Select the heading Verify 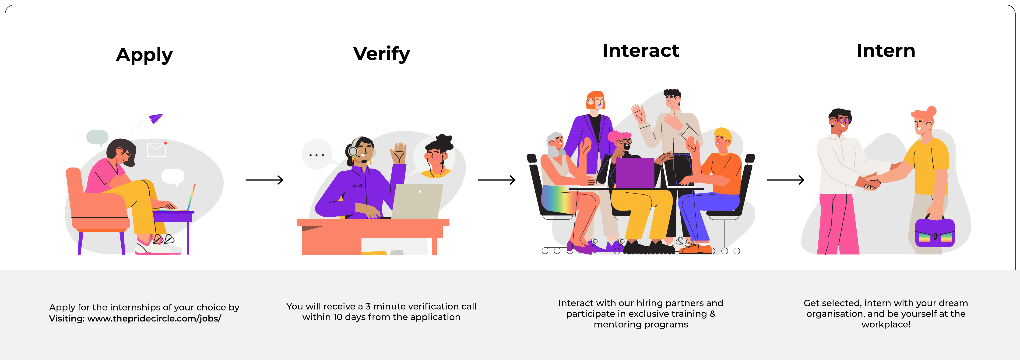click(381, 54)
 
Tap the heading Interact click(640, 51)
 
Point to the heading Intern click(885, 51)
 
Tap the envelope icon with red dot click(156, 149)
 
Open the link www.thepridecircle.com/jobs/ click(154, 318)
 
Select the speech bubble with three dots click(317, 155)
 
